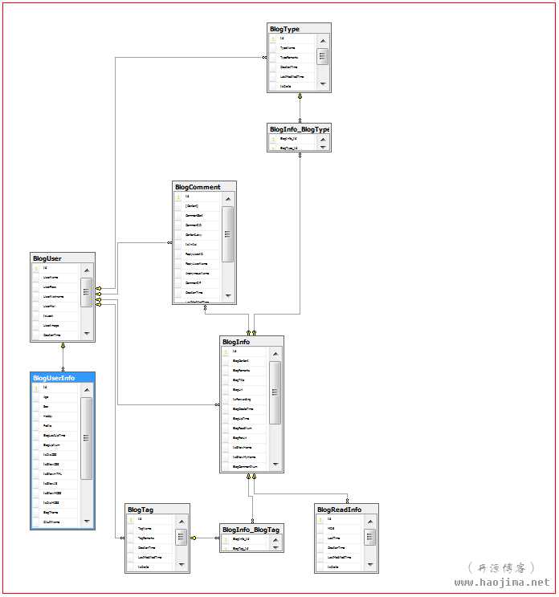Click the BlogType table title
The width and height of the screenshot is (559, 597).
point(285,29)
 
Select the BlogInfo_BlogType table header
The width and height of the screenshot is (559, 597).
point(299,129)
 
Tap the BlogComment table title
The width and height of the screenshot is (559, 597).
point(198,187)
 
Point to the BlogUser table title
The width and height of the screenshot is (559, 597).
point(47,258)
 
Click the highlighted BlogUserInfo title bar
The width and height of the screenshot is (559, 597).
point(54,378)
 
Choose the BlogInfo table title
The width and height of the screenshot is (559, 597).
point(236,342)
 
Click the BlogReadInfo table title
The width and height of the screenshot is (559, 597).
point(339,510)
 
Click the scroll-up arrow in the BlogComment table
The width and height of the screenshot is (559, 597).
point(228,197)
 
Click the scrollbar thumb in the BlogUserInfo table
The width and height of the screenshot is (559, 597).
point(86,437)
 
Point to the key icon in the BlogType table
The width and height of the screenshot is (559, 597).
point(272,39)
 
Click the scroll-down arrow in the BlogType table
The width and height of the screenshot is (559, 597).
point(322,83)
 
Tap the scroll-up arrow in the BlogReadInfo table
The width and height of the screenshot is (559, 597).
point(369,520)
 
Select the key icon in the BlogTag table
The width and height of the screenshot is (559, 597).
point(129,519)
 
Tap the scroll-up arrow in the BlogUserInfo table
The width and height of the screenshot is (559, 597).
point(86,388)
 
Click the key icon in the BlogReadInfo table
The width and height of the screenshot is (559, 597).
point(320,519)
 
